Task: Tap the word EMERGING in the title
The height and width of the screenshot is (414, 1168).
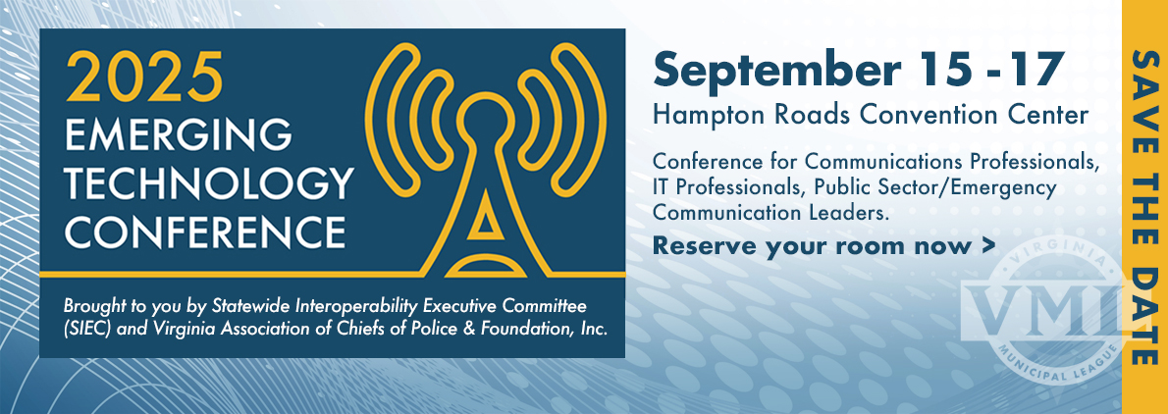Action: (x=178, y=135)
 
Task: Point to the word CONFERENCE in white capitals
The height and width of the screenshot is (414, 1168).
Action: (x=205, y=231)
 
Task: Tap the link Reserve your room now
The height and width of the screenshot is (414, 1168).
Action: (x=812, y=245)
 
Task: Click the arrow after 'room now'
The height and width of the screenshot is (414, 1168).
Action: (x=987, y=245)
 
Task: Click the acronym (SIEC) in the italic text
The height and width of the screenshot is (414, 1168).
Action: (x=88, y=329)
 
